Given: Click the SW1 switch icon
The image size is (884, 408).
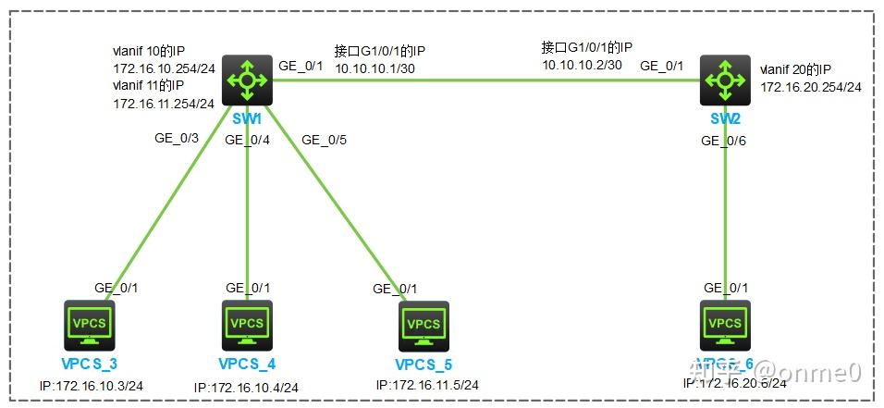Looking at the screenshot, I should point(247,80).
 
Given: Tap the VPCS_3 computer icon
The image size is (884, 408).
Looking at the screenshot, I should point(89,323).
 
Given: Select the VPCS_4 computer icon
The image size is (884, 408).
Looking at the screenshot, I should point(247,323).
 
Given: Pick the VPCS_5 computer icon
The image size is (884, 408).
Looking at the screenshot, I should point(424,324).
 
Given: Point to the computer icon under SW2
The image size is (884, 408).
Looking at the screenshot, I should point(725,323).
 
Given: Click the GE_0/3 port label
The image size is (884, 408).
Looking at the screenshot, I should point(177,138).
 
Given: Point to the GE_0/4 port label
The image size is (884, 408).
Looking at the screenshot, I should point(248,140).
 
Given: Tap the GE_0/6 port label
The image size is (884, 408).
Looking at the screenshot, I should point(724,141).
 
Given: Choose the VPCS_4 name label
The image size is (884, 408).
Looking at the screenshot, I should point(247,362).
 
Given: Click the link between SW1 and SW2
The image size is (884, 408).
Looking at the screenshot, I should point(481,80).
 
